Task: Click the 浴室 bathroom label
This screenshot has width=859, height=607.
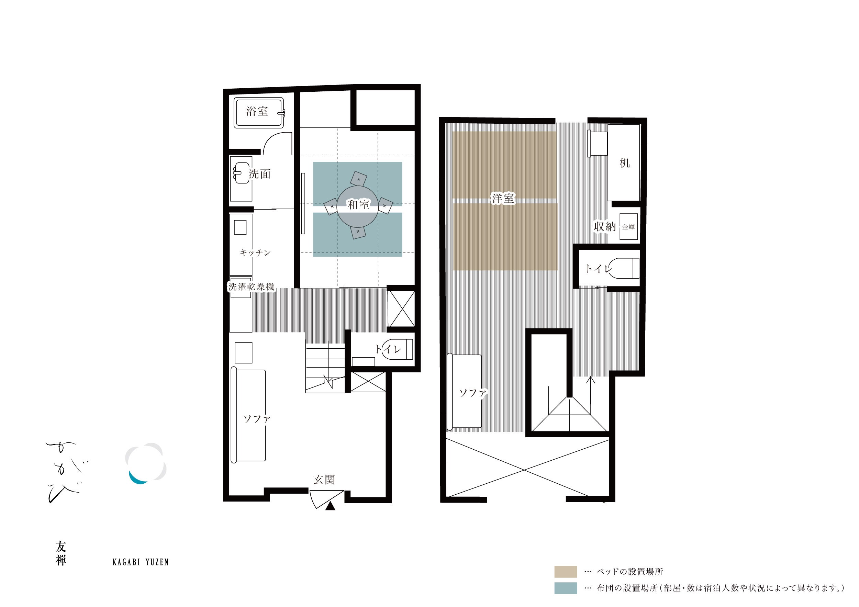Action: point(257,111)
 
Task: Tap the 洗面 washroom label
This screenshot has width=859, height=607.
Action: point(260,174)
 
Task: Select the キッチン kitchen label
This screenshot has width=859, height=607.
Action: point(255,253)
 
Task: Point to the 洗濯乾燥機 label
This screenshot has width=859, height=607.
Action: point(252,287)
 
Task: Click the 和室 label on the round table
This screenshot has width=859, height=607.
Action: point(358,205)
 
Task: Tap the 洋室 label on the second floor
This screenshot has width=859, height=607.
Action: point(503,198)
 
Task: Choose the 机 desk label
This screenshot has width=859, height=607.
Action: point(624,163)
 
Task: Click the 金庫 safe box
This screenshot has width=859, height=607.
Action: point(628,227)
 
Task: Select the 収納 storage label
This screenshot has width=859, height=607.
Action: point(605,226)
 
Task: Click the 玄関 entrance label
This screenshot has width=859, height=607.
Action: point(324,480)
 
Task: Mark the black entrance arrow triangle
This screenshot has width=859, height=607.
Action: point(330,506)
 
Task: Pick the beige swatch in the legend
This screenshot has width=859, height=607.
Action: point(565,572)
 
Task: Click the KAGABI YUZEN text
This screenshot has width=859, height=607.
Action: point(141,562)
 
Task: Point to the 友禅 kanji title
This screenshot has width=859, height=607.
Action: point(61,553)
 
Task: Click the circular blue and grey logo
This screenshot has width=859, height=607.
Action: point(146,464)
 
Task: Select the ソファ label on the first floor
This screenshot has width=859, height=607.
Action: point(257,419)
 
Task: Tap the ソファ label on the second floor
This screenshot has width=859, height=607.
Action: point(473,393)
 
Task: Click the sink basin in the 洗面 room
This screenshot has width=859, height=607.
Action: point(240,174)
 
